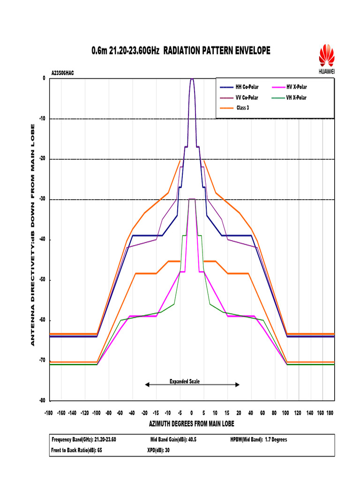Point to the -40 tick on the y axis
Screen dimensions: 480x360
coord(42,240)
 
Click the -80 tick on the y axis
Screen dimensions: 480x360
coord(42,401)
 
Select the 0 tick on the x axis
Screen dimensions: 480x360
coord(191,412)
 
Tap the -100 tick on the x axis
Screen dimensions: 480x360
coord(97,412)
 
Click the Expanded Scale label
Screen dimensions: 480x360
coord(184,382)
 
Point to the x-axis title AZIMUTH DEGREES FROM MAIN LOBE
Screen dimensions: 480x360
coord(191,424)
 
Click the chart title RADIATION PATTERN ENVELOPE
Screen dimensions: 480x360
coord(180,50)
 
